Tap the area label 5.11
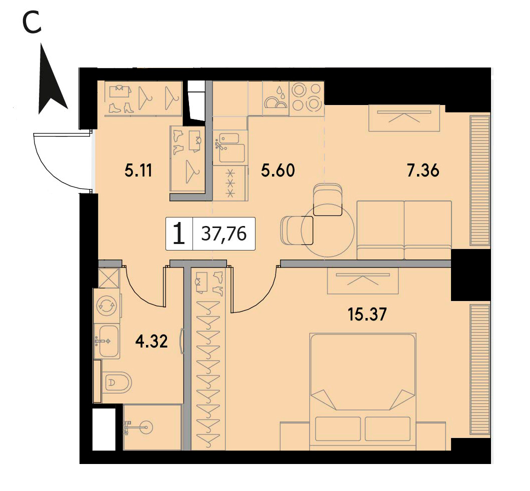(138, 170)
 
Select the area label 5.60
(278, 170)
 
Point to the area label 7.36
(423, 170)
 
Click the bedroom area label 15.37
(367, 314)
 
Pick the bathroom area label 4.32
(151, 341)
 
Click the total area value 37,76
(224, 233)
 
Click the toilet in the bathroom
(116, 383)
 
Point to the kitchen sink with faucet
(229, 147)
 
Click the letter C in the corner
(32, 23)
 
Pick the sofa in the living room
(404, 230)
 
